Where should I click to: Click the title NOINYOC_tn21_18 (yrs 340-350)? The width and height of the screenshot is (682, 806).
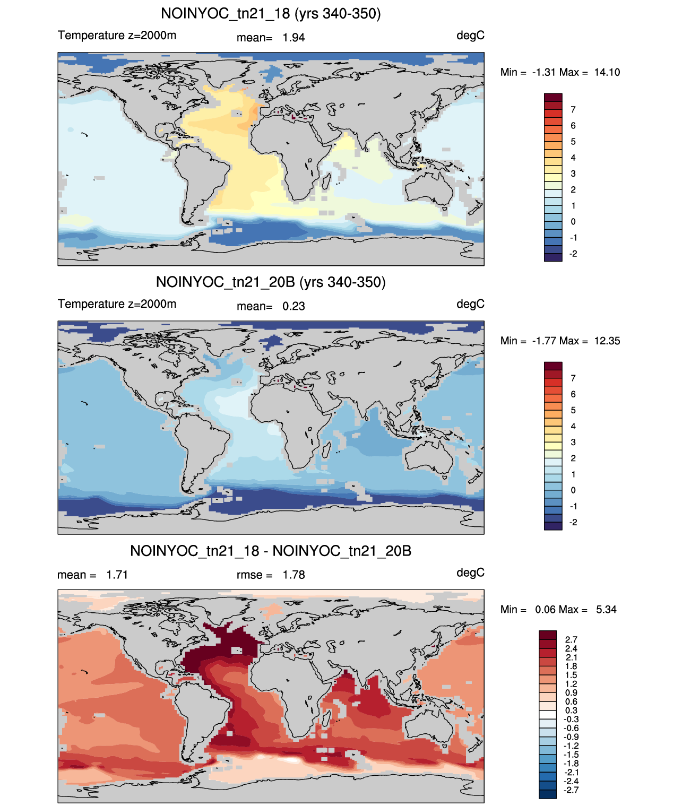point(271,14)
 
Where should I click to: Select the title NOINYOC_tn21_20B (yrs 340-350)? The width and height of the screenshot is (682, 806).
point(271,282)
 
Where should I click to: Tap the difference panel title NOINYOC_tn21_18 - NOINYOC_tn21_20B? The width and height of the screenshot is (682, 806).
point(271,551)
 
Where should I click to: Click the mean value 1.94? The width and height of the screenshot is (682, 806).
point(293,38)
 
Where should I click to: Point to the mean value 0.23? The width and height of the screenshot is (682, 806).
point(293,306)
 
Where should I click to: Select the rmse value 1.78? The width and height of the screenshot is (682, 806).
point(293,575)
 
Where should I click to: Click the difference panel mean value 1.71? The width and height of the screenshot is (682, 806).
point(117,575)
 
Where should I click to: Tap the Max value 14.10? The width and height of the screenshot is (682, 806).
point(607,72)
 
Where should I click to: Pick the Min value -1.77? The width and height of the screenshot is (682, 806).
point(544,341)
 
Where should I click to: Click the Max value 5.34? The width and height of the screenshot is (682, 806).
point(606,610)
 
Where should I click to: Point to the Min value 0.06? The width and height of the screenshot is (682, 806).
point(546,610)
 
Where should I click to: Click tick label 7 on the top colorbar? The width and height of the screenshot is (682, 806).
point(573,110)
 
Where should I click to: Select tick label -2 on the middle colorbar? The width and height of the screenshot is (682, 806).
point(573,522)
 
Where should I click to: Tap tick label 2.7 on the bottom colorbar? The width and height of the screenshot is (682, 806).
point(571,639)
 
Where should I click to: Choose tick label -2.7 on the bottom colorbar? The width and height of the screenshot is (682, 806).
point(571,790)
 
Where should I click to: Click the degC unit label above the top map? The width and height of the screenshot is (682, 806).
point(470,36)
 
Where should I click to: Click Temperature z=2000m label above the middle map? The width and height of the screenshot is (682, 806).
point(117,304)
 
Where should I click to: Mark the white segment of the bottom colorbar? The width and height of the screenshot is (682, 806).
point(548,715)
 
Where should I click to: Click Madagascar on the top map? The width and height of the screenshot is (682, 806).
point(326,181)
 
